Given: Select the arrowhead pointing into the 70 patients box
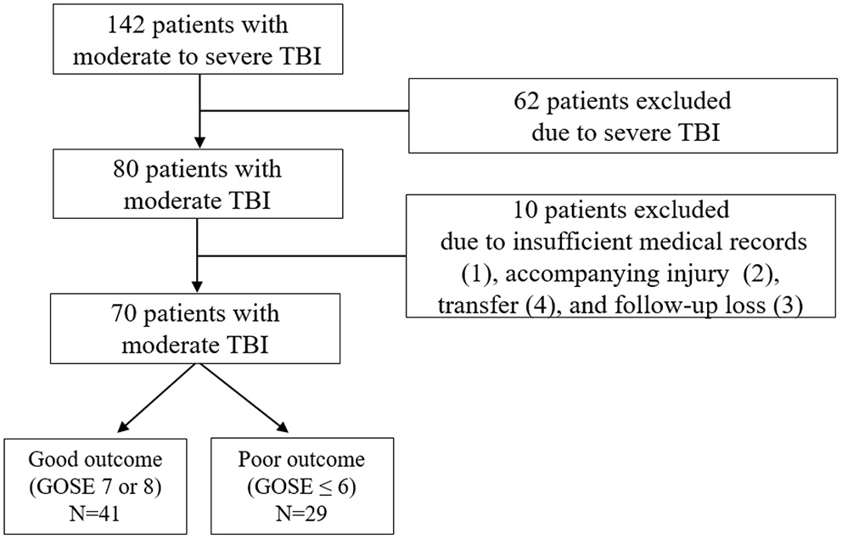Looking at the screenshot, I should tap(198, 285).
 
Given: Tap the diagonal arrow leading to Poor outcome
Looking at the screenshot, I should tap(242, 396).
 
